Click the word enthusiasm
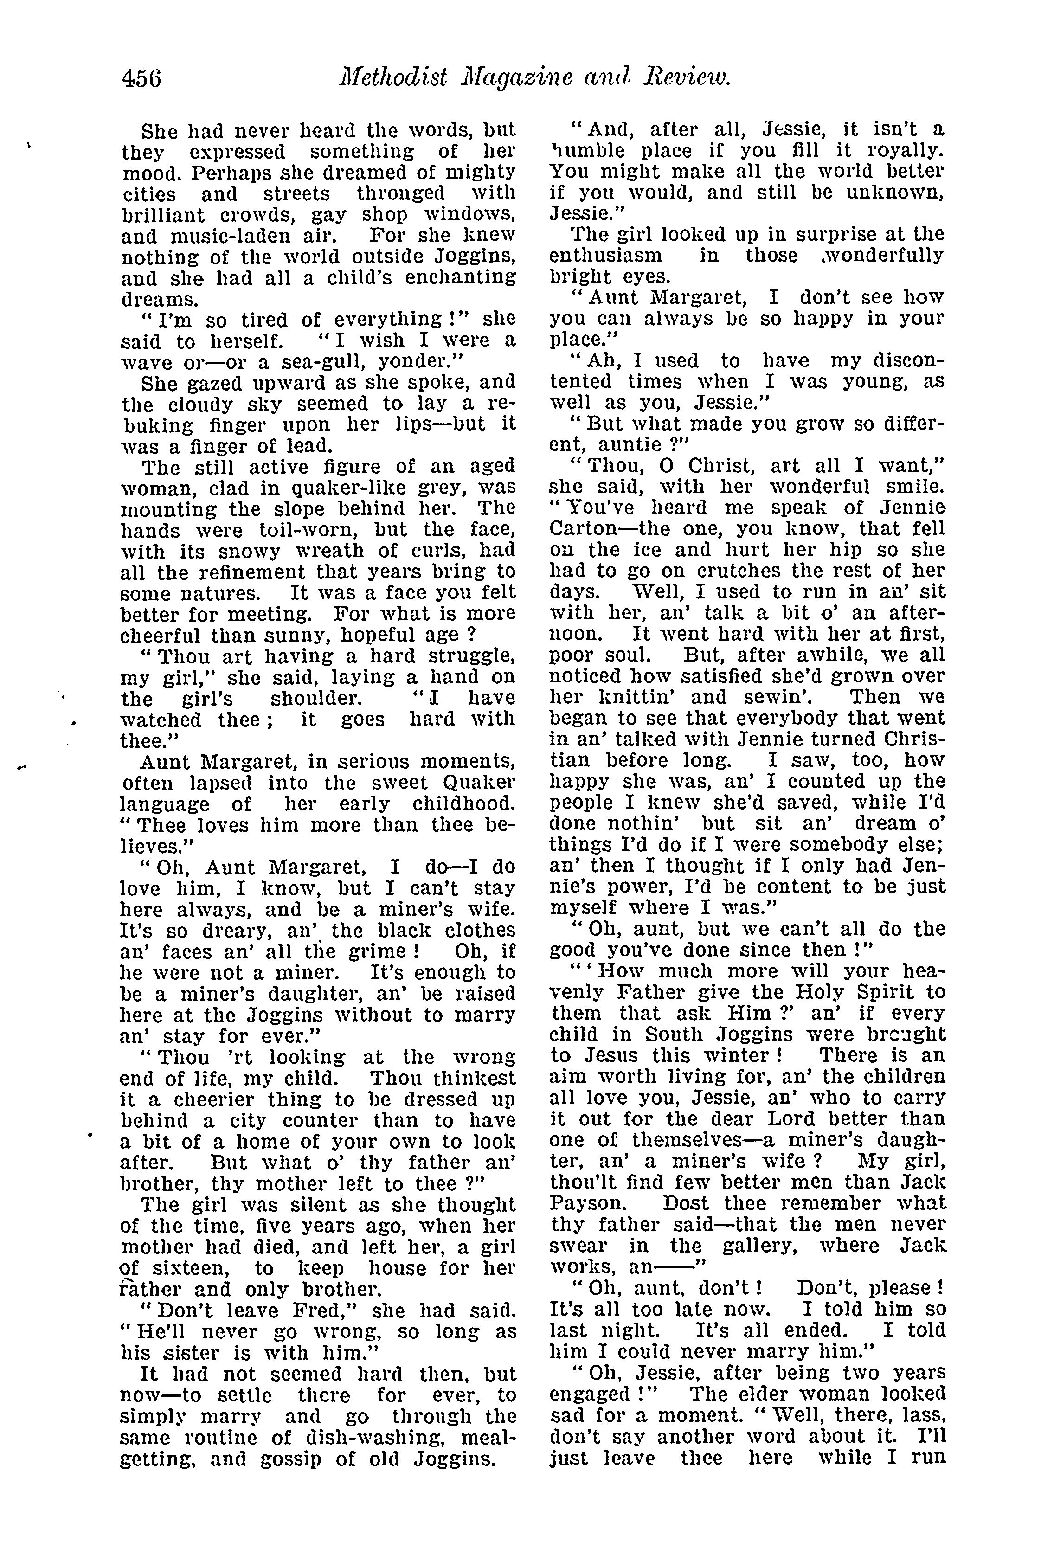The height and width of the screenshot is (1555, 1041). [605, 256]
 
